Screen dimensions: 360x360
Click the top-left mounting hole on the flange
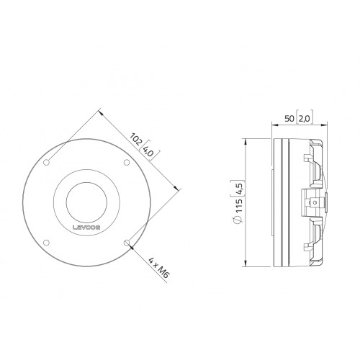[46, 163]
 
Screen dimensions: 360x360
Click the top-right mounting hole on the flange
[127, 163]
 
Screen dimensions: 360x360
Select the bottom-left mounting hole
[46, 243]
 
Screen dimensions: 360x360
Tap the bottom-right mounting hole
[127, 243]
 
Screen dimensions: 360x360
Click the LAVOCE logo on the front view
[86, 228]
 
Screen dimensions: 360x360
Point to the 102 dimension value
[136, 139]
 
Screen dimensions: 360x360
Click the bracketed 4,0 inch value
[148, 151]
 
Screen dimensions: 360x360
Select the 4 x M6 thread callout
[158, 268]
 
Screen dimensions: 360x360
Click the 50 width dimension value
[289, 118]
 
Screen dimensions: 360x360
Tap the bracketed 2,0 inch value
[305, 118]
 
